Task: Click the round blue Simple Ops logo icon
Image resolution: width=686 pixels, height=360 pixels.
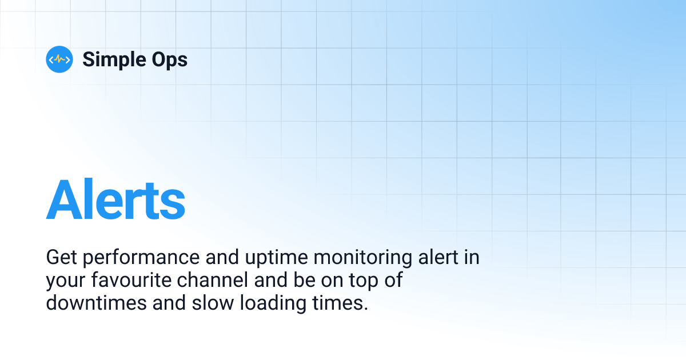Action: [59, 59]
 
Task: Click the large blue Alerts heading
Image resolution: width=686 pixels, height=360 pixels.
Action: [115, 199]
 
